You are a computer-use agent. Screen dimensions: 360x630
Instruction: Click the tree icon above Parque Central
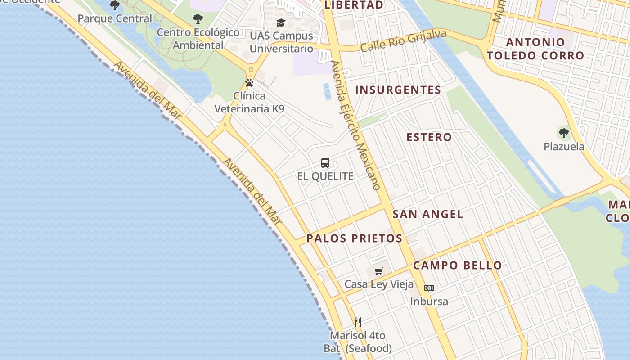click(115, 5)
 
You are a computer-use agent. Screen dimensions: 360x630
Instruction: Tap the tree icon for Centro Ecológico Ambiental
click(198, 19)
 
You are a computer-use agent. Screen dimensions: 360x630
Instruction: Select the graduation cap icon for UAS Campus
click(281, 22)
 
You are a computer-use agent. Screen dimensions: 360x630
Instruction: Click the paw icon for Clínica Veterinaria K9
click(249, 83)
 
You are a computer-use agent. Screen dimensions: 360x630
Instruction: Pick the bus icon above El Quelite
click(325, 163)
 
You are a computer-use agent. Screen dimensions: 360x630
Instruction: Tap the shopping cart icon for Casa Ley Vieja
click(379, 271)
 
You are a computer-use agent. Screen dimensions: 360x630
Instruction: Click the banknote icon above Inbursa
click(429, 288)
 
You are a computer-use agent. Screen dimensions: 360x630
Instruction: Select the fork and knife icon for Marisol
click(358, 322)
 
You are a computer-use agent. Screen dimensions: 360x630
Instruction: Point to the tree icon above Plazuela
click(563, 133)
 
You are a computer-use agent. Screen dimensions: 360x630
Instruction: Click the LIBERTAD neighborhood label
click(354, 5)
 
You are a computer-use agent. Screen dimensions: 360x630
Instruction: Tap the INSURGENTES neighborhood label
click(398, 90)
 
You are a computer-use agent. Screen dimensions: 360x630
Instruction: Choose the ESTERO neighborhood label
click(429, 137)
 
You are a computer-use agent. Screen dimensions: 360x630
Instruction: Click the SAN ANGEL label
click(427, 214)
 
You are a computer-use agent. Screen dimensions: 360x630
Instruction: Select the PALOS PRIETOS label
click(355, 238)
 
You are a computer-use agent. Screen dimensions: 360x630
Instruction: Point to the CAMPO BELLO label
click(457, 265)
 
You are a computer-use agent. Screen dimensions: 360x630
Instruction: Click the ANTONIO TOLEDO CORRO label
click(535, 49)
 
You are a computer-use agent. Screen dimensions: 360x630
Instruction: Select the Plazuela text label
click(564, 147)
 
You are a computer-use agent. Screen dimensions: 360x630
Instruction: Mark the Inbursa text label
click(429, 301)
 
